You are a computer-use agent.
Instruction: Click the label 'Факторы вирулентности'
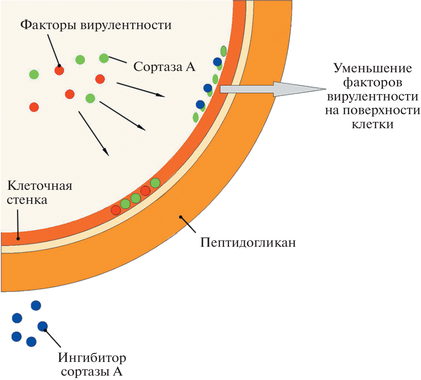tap(96, 25)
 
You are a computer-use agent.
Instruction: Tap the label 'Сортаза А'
tap(164, 67)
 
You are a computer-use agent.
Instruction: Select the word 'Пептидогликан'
tap(248, 242)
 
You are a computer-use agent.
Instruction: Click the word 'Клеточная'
tap(40, 185)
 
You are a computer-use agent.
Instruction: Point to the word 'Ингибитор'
tap(92, 358)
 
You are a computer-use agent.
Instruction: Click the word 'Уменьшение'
tap(373, 68)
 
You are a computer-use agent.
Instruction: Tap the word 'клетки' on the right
tap(373, 125)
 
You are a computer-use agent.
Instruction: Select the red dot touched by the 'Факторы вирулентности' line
tap(59, 70)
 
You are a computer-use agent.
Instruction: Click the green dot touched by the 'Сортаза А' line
tap(104, 58)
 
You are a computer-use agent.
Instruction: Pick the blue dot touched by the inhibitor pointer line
tap(42, 326)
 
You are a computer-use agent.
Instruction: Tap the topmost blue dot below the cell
tap(36, 305)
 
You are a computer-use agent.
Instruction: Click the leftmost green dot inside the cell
tap(34, 74)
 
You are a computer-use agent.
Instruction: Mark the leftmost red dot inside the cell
tap(34, 107)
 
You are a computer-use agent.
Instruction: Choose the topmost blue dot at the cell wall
tap(217, 62)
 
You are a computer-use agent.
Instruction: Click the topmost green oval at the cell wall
tap(223, 51)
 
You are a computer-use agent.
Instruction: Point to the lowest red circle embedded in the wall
tap(116, 210)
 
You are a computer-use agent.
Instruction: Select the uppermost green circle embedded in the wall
tap(155, 183)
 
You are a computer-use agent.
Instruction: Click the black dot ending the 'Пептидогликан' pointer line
tap(181, 217)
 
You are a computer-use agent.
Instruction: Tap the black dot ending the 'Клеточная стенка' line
tap(18, 239)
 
